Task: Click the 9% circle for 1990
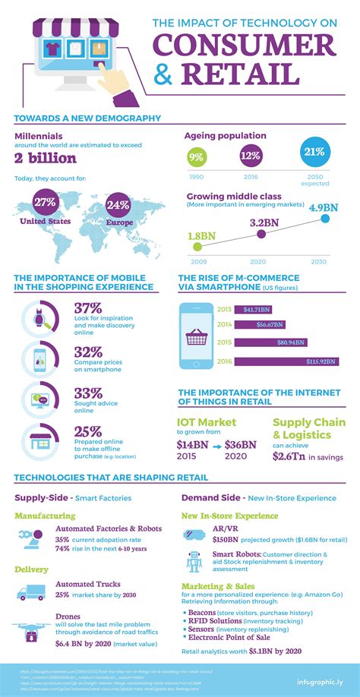[x=196, y=158]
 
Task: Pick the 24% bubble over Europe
[x=118, y=206]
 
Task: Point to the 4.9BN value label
[x=324, y=207]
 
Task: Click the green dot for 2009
[x=197, y=246]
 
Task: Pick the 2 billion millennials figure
[x=46, y=157]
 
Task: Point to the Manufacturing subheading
[x=45, y=516]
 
